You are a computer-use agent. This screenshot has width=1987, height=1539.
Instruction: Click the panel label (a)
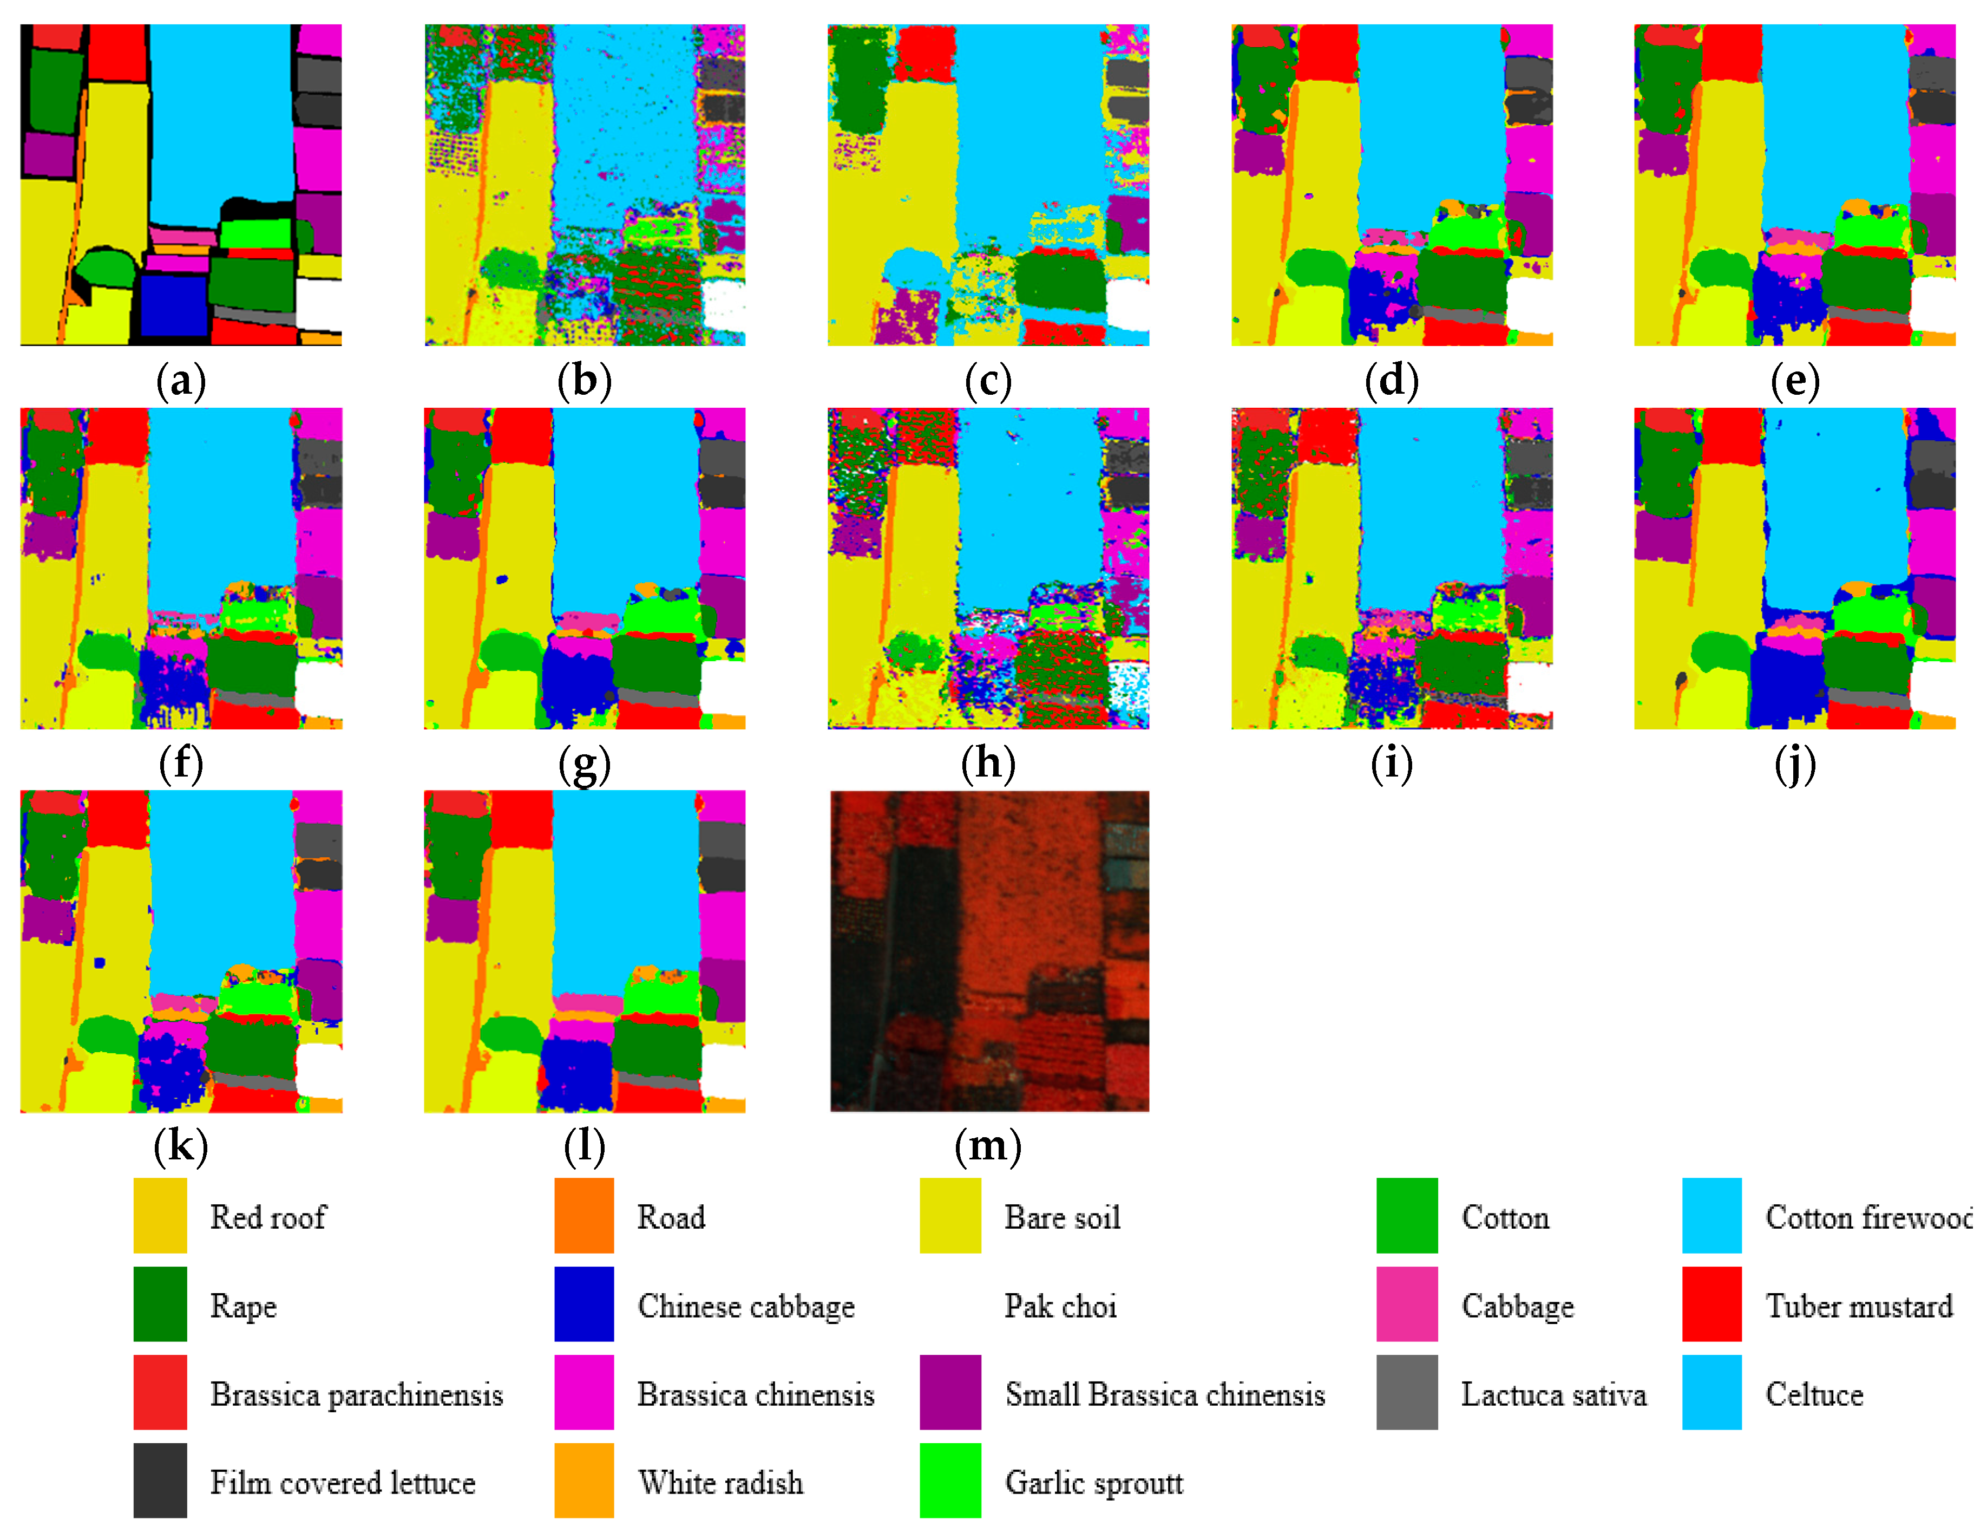click(181, 381)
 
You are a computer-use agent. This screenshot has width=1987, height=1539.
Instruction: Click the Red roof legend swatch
click(160, 1216)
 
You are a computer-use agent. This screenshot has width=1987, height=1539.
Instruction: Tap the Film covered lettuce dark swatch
click(160, 1481)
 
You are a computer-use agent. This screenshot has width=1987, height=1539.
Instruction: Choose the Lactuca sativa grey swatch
click(1407, 1392)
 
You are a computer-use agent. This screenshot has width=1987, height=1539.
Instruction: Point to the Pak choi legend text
click(1060, 1306)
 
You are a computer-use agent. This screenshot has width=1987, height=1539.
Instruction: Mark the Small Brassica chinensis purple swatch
click(950, 1392)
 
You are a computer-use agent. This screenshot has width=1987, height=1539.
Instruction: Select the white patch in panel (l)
click(724, 1070)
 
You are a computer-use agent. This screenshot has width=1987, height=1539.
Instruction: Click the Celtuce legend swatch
click(1711, 1392)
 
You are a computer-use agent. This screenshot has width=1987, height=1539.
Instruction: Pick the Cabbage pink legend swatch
click(1407, 1304)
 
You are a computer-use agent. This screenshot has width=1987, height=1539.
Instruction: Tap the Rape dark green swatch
click(160, 1304)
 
